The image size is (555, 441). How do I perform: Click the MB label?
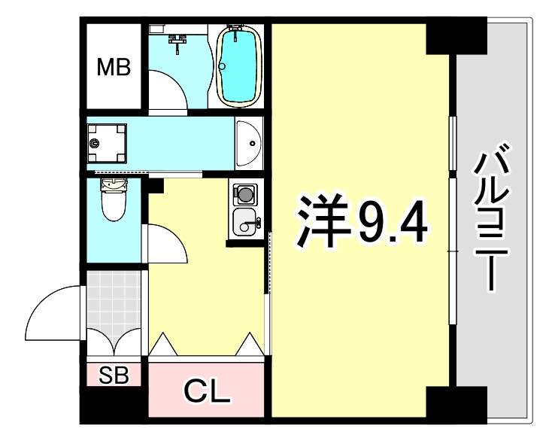click(x=114, y=68)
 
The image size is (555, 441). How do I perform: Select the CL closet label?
click(x=207, y=391)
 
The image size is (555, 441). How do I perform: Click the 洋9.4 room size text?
click(x=362, y=220)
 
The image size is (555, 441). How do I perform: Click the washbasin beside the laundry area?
click(x=247, y=142)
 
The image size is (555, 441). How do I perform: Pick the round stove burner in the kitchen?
click(x=244, y=196)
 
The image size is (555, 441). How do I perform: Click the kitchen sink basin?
click(x=244, y=223)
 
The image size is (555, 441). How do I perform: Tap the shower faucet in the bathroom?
click(x=178, y=41)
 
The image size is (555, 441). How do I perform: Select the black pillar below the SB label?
click(x=114, y=404)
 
